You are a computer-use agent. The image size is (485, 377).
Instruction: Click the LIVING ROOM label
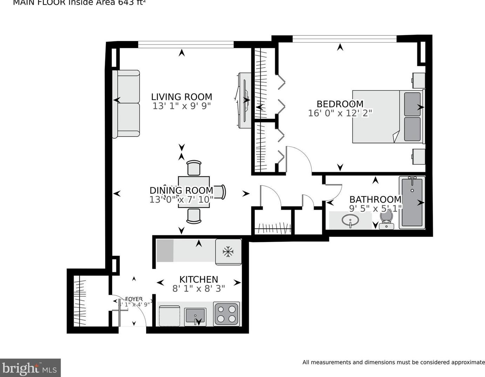[182, 97]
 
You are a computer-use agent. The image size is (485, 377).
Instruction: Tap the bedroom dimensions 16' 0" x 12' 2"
[340, 113]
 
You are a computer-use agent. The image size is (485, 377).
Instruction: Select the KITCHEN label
[198, 279]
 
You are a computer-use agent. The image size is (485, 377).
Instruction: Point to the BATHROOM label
[375, 200]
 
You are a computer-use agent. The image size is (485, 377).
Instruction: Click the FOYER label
[134, 299]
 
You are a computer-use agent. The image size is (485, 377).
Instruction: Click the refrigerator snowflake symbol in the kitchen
[228, 251]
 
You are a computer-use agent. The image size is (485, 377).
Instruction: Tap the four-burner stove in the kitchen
[226, 314]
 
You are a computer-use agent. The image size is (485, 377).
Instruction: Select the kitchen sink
[195, 317]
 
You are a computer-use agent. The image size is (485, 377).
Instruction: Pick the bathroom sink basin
[350, 221]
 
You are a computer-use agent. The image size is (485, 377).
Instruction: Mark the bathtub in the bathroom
[412, 202]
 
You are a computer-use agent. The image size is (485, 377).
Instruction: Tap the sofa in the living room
[126, 104]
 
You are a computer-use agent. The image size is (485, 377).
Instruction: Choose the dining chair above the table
[194, 168]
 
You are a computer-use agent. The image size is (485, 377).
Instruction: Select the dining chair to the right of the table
[220, 192]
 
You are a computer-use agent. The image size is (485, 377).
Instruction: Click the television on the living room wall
[245, 100]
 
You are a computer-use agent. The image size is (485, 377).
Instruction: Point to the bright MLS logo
[30, 368]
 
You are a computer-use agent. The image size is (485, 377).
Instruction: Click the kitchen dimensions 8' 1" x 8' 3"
[198, 289]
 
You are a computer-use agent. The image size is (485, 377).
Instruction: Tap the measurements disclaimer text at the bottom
[393, 362]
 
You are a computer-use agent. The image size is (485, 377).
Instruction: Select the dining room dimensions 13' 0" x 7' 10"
[181, 200]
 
